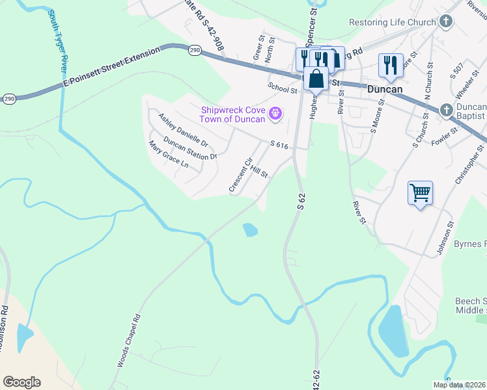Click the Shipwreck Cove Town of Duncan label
click(x=233, y=114)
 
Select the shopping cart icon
click(x=421, y=192)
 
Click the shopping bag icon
click(x=316, y=79)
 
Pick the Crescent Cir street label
click(x=240, y=175)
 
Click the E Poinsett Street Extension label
click(x=111, y=69)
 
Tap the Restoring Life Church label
click(x=392, y=22)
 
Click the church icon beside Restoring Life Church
click(x=446, y=23)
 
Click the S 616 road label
click(x=279, y=146)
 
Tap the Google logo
click(x=21, y=382)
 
